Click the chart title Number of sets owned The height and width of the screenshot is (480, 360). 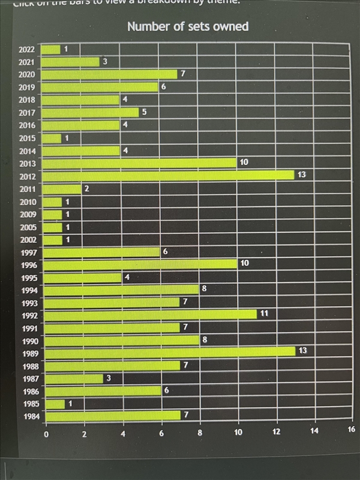[x=188, y=26]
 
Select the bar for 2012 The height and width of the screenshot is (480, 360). [x=169, y=175]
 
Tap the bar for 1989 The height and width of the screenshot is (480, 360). [x=170, y=351]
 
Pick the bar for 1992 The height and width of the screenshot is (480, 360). [x=151, y=314]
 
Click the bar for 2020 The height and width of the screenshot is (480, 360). [x=110, y=74]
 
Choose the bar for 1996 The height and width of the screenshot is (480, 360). [x=141, y=264]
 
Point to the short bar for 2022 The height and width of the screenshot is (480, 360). [x=52, y=49]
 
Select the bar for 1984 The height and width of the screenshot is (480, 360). [x=113, y=415]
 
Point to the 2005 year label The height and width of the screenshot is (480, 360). [x=28, y=227]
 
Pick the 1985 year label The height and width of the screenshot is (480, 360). [x=30, y=404]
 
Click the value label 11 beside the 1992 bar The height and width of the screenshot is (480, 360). [x=264, y=313]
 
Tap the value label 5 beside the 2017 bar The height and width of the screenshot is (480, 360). [x=144, y=112]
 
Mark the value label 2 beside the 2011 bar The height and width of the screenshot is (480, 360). [x=86, y=188]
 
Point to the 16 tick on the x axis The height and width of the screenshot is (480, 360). [x=352, y=428]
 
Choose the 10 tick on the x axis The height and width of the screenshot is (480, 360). [x=238, y=431]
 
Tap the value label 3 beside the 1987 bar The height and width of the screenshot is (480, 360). [x=109, y=378]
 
